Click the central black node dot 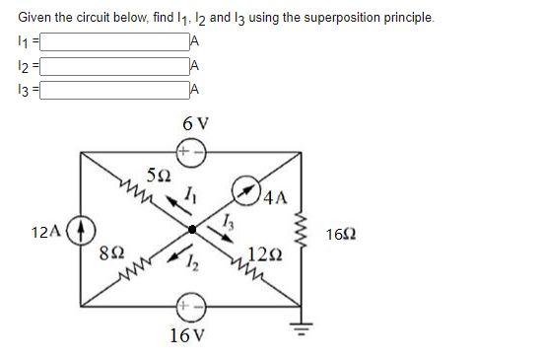(192, 229)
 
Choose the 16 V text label (188, 334)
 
